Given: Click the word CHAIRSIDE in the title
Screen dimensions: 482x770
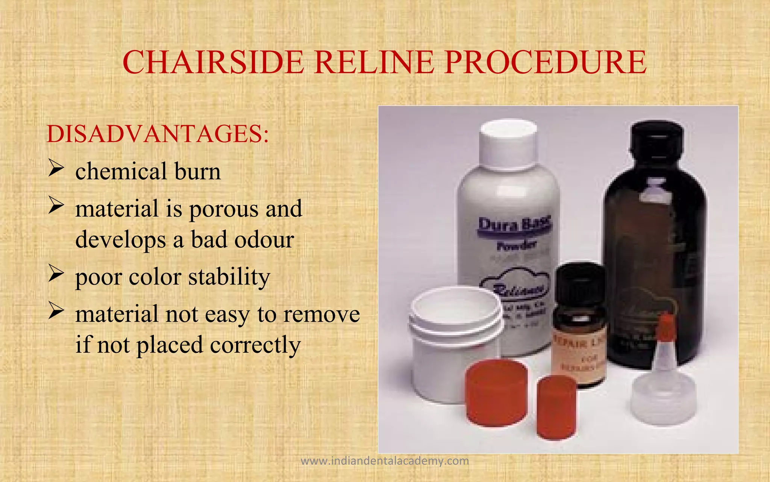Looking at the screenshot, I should click(x=213, y=63).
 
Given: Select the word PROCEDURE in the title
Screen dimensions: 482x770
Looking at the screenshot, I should click(x=545, y=63).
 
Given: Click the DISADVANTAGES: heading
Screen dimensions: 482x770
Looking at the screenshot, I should click(x=158, y=134).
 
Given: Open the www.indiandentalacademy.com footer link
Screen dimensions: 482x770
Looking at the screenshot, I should click(x=385, y=461).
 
